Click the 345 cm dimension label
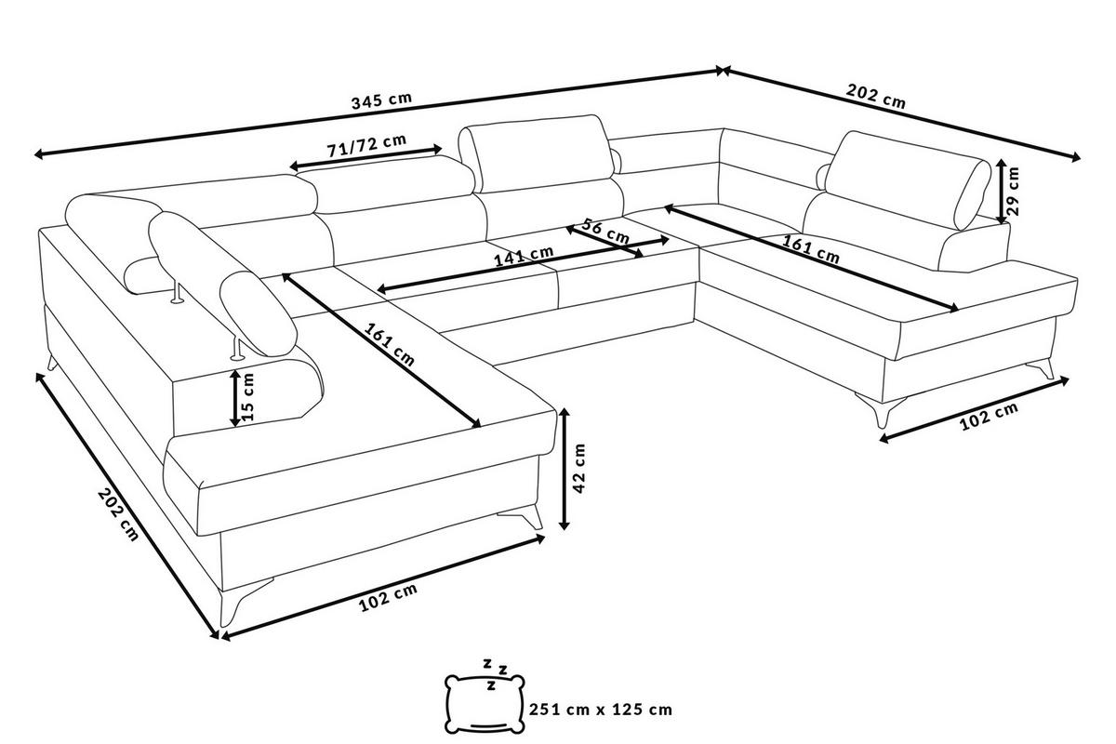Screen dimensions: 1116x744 381,100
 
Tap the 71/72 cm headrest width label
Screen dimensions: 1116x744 366,145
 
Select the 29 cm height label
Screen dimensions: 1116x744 1014,191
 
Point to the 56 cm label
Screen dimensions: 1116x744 605,231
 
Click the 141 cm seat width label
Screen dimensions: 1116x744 523,256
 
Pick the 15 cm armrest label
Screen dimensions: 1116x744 247,397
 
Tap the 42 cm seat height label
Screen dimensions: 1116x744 578,468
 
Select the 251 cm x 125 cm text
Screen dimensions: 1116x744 601,709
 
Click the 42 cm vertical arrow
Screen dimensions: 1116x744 564,469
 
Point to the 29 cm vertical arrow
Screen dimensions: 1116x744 1002,191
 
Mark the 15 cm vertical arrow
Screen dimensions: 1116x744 234,398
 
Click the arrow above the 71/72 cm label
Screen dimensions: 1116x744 366,157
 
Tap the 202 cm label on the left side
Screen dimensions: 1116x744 118,514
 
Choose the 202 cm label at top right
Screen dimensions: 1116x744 875,96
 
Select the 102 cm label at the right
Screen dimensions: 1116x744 990,417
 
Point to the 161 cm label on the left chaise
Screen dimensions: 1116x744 389,344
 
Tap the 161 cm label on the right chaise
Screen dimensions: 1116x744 811,248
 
